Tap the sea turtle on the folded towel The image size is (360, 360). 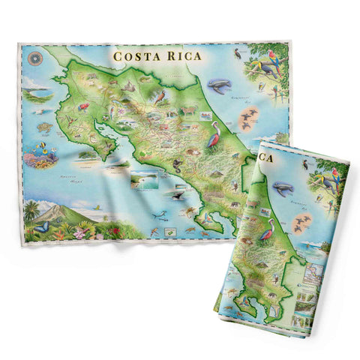(x=283, y=187)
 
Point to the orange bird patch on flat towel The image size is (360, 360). (x=249, y=117)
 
